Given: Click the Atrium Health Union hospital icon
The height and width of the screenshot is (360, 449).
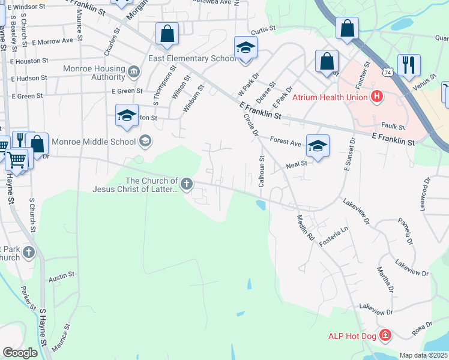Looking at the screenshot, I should (x=377, y=96).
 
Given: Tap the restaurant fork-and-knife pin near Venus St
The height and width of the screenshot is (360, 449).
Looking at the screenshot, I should (x=409, y=65).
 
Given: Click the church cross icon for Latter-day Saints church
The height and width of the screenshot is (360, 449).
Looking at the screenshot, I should (x=187, y=184).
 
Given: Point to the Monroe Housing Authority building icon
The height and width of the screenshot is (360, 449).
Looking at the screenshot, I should (x=133, y=73).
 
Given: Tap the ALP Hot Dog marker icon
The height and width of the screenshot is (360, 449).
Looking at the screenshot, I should (x=385, y=335).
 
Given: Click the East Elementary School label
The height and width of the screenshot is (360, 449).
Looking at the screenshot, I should (x=193, y=58).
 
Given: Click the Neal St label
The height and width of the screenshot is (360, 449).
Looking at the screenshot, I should (x=297, y=163).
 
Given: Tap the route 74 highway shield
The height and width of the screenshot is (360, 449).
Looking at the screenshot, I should (x=388, y=71).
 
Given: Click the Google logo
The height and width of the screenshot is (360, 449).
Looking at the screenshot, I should (x=20, y=352).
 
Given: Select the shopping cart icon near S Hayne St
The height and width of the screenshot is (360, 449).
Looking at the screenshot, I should (x=16, y=160).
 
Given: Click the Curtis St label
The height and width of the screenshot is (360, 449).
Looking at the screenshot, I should (x=263, y=29).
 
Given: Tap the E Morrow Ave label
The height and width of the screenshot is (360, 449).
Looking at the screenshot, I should (x=53, y=41).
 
